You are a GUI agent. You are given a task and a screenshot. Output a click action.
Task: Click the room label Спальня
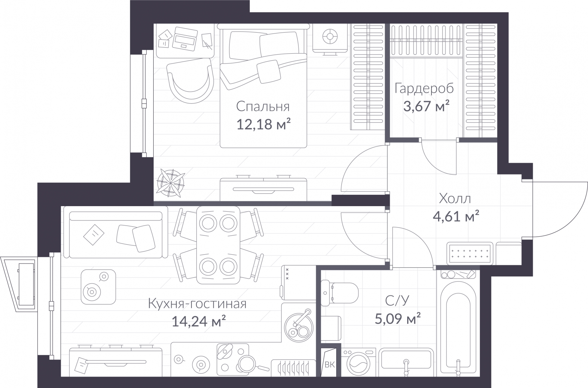[263, 107]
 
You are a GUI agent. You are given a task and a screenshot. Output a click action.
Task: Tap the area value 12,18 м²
[264, 124]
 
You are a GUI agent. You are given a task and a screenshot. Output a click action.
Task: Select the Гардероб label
[424, 89]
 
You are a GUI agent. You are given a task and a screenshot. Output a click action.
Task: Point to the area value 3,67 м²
[426, 106]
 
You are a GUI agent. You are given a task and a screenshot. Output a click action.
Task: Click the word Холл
[455, 199]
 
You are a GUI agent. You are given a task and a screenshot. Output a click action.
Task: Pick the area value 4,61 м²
[456, 216]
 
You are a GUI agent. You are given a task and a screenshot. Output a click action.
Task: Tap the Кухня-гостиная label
[197, 304]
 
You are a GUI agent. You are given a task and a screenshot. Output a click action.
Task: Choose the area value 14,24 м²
[199, 321]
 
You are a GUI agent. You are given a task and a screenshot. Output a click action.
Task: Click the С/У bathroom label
[397, 301]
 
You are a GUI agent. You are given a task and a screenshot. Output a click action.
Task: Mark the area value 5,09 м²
[398, 319]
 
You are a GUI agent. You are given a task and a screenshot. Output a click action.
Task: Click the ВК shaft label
[330, 364]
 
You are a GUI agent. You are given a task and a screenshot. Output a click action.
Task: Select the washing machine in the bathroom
[358, 363]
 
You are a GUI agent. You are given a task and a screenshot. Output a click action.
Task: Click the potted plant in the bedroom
[171, 183]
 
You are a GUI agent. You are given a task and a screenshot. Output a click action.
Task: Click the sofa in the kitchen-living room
[115, 232]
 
